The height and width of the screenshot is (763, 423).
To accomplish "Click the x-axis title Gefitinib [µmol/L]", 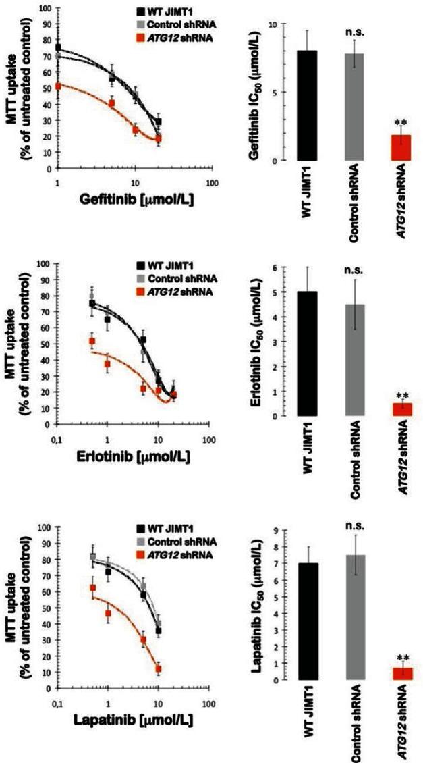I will tap(139, 200).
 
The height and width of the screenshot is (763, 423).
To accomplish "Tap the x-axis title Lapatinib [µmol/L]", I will tap(139, 720).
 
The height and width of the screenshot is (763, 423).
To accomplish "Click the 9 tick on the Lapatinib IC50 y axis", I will tap(275, 531).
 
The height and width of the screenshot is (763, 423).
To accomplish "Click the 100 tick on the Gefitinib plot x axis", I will tap(213, 184).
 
